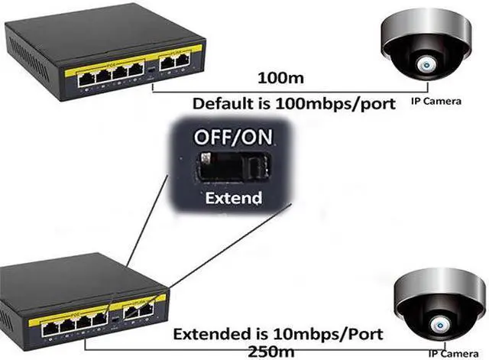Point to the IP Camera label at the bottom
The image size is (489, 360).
(458, 352)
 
